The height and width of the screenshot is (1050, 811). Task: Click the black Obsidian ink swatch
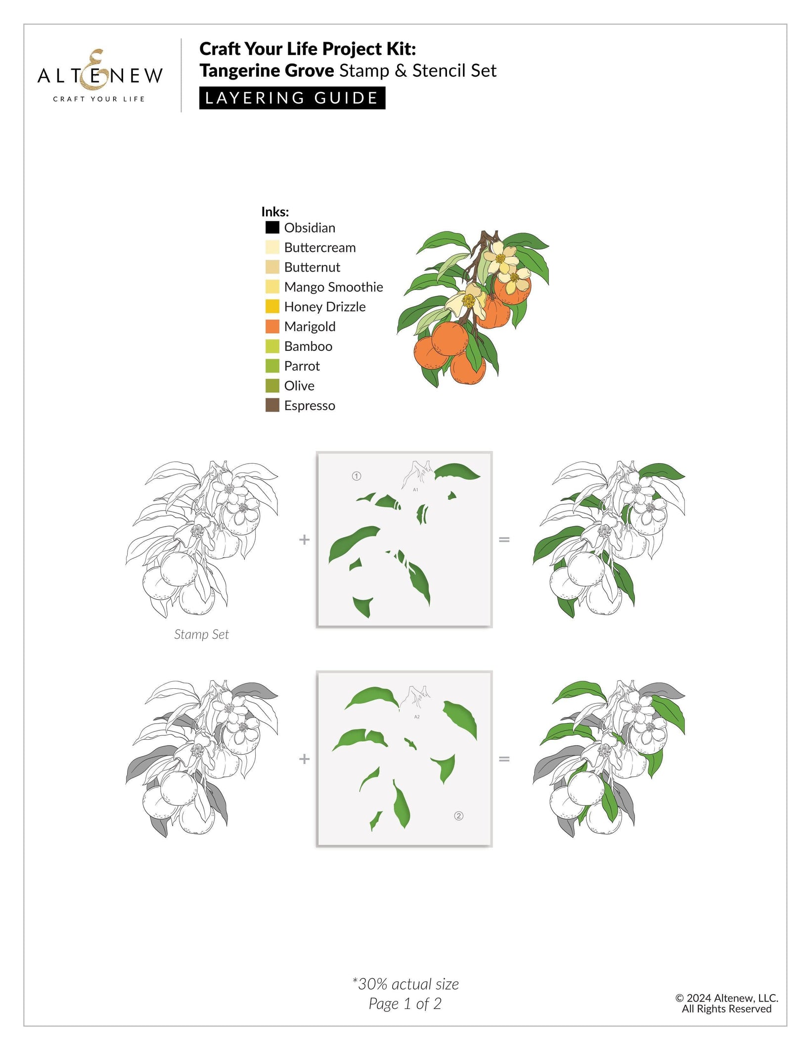(272, 227)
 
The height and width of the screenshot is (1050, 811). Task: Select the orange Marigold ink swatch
(272, 326)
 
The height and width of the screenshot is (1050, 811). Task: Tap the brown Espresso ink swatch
(272, 405)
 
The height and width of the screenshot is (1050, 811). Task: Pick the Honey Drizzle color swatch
(272, 306)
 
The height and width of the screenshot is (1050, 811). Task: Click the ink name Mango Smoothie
(333, 287)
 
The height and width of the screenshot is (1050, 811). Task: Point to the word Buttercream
(319, 247)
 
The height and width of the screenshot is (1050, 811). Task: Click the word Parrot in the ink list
(302, 366)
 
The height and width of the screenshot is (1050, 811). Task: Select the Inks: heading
(275, 212)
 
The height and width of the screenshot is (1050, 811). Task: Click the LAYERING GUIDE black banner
(292, 98)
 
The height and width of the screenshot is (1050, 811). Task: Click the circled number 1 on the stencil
(356, 476)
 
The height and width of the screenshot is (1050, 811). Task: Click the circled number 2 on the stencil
(458, 816)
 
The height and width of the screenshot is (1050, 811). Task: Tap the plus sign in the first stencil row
(304, 539)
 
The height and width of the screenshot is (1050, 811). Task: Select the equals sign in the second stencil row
(504, 759)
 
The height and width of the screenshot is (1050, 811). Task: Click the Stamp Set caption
(201, 634)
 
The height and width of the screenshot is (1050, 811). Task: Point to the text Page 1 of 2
(405, 1003)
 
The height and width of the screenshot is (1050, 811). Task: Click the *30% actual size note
(405, 984)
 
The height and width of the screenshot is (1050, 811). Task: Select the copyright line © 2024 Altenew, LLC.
(726, 998)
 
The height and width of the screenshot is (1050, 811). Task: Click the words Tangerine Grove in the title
(267, 71)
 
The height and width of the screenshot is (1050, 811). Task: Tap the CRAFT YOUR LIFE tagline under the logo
(99, 99)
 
